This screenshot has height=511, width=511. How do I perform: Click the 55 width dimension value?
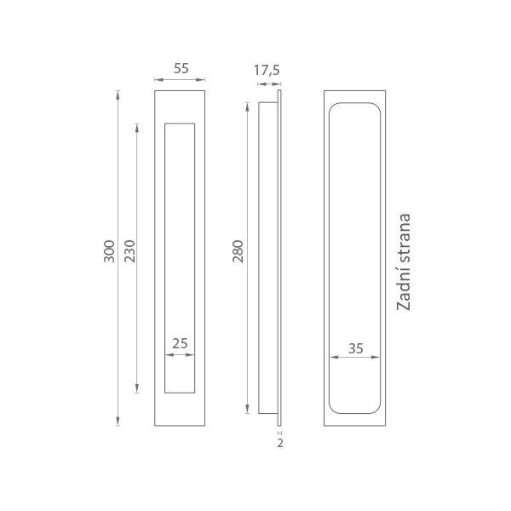click(181, 68)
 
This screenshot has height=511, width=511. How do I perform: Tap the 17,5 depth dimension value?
click(267, 70)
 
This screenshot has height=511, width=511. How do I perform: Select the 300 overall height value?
click(110, 251)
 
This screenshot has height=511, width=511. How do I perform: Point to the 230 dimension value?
click(129, 251)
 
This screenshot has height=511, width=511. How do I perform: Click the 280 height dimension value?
click(238, 251)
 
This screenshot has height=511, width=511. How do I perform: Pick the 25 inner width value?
click(180, 343)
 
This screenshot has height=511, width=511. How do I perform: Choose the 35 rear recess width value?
click(355, 348)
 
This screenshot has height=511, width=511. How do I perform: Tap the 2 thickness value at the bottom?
click(280, 443)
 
